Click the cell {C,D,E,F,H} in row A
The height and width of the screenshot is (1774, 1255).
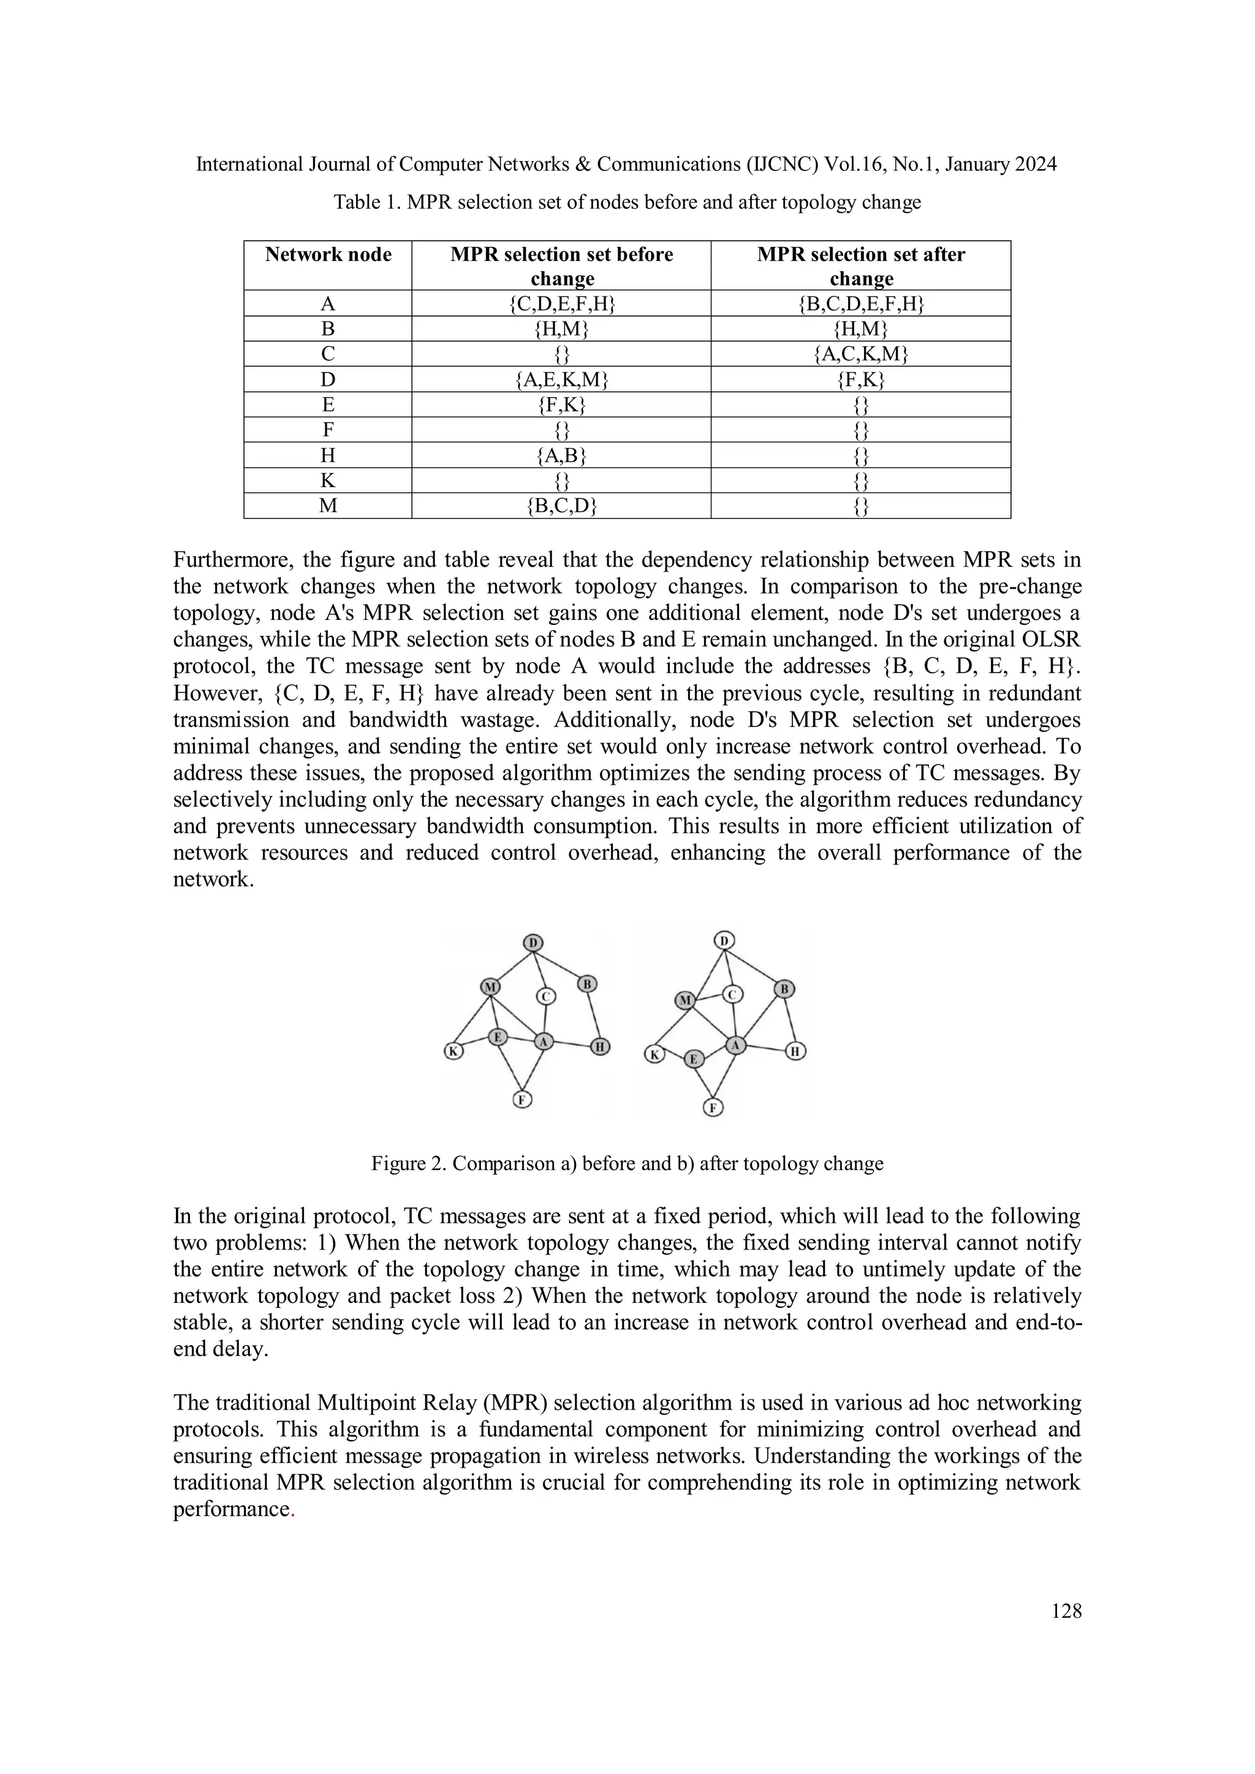pos(562,304)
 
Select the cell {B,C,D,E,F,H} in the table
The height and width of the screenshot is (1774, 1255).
pos(861,304)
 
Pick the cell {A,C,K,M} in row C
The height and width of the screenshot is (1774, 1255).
pos(861,355)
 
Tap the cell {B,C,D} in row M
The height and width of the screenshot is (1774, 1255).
pos(562,506)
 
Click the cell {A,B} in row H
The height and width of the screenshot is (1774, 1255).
pos(562,456)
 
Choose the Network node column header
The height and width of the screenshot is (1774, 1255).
pos(328,255)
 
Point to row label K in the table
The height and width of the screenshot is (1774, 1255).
pos(328,481)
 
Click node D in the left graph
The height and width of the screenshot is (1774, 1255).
pos(533,943)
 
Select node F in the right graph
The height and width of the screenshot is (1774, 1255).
pos(713,1107)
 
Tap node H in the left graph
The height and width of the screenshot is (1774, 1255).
pos(601,1047)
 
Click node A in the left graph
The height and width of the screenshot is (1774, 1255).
pos(544,1041)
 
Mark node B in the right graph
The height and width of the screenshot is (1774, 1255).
pos(784,988)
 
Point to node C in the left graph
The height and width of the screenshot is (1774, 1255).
pos(545,997)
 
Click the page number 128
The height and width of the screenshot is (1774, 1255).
pos(1066,1611)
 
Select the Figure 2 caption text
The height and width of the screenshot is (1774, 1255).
pos(627,1164)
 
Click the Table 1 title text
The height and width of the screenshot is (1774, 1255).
pos(627,202)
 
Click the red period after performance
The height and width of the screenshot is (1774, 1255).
pos(292,1511)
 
